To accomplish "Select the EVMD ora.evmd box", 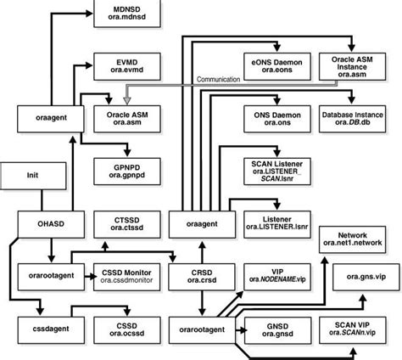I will click(124, 67).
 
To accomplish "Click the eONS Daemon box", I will click(272, 67).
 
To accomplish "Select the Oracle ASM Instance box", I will click(350, 65).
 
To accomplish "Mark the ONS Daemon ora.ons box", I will click(272, 117).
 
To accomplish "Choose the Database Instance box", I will click(350, 117).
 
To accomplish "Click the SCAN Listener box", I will click(272, 171).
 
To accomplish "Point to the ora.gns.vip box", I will click(350, 276).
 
